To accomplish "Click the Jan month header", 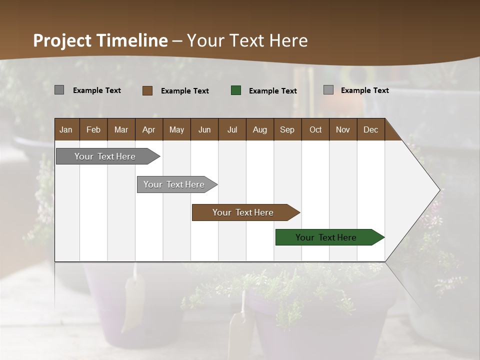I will (x=66, y=129).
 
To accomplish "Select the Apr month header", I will (x=149, y=129).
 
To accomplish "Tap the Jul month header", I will (x=232, y=129).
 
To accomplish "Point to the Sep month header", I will (x=287, y=129).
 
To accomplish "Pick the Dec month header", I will (x=370, y=129).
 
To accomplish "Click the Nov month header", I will (x=343, y=129).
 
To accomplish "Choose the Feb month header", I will (x=93, y=129).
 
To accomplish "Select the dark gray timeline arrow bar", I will (x=105, y=156).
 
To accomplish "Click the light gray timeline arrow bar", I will (x=174, y=184).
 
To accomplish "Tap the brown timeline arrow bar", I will (x=243, y=212).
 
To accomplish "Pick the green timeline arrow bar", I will (x=326, y=237).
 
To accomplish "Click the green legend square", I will (x=236, y=90).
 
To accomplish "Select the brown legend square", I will (x=147, y=90).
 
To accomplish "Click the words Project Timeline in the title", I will (x=100, y=40).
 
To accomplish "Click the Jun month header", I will (x=204, y=129).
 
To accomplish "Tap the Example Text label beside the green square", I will (x=273, y=91).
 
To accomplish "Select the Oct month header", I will (x=315, y=129).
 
